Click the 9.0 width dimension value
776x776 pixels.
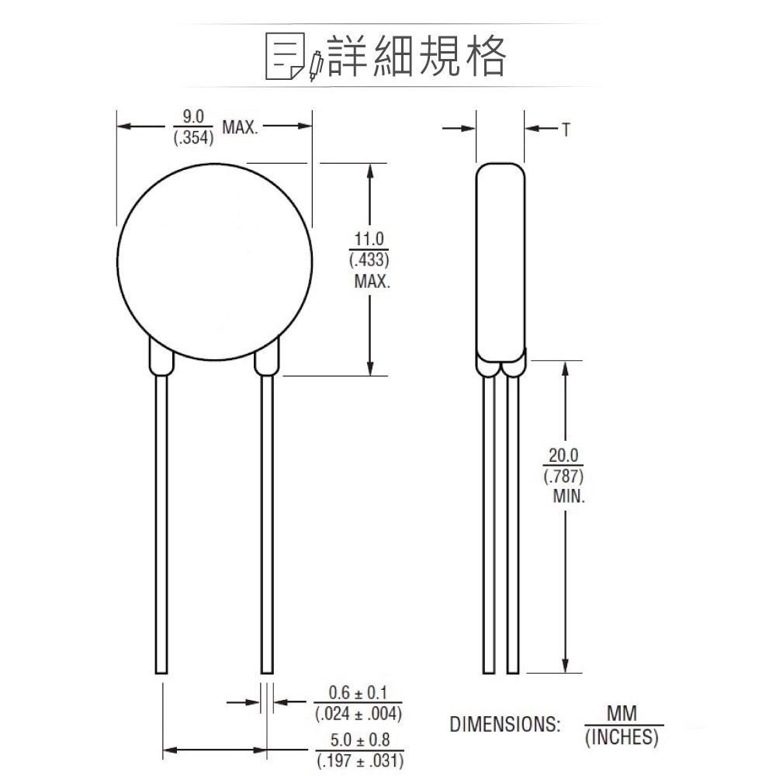pos(192,116)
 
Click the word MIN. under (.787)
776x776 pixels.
pos(568,497)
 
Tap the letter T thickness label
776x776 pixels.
pos(566,130)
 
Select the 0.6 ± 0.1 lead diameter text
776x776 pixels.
pos(359,692)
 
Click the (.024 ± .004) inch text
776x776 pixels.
pos(359,713)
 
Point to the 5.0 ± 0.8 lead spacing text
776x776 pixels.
pos(359,740)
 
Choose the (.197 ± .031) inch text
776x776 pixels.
pos(359,760)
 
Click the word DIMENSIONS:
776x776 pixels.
pos(504,726)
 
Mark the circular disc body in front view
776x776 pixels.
pos(215,260)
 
